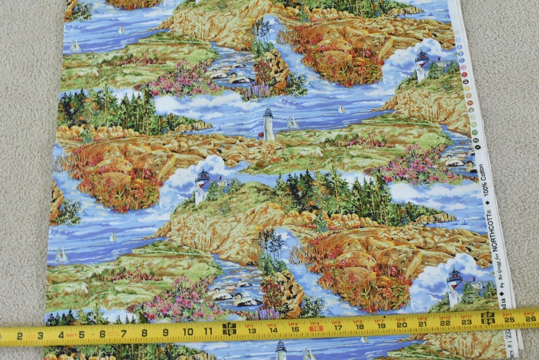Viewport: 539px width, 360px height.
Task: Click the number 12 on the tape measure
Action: pos(229,329)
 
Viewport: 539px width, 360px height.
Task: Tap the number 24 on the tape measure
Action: pos(488,318)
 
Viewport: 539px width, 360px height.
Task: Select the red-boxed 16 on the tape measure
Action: pos(316,326)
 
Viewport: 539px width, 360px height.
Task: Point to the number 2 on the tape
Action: pos(19,336)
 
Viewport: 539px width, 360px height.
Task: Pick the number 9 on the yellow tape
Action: pos(166,331)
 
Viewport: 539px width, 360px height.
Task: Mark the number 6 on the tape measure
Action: pos(102,334)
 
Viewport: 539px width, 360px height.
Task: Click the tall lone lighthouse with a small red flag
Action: pos(268,124)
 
